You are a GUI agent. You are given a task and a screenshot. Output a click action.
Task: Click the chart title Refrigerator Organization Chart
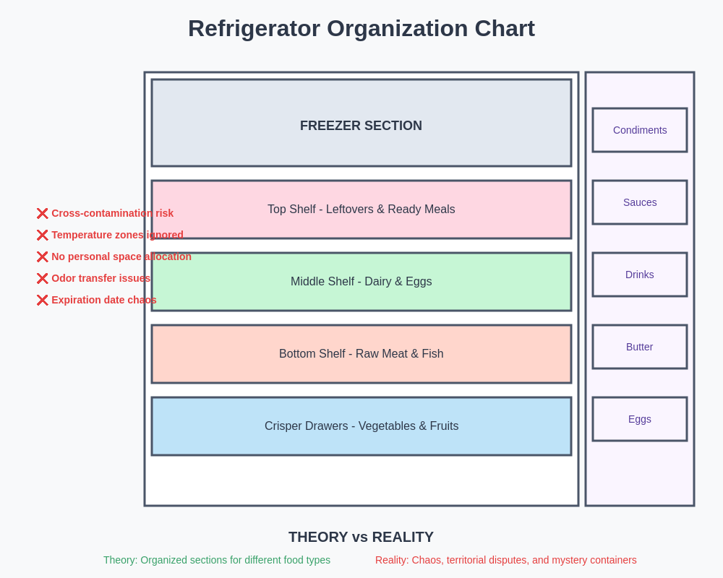[361, 28]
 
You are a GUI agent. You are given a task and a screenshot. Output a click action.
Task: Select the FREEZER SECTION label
[361, 126]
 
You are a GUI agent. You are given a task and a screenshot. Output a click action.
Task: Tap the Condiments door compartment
[640, 130]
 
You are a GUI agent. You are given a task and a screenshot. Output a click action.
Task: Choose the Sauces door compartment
[640, 202]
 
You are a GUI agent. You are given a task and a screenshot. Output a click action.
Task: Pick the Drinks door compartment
[640, 275]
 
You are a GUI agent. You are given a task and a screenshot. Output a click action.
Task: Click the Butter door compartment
[640, 347]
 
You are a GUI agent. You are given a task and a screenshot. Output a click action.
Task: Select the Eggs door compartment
[640, 419]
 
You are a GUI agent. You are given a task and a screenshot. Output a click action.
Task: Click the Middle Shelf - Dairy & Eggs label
[361, 282]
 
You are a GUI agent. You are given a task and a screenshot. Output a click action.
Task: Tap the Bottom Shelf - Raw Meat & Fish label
[361, 354]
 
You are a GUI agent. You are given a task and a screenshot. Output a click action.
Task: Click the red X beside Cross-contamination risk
[43, 213]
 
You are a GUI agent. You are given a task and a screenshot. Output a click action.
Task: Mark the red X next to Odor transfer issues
[43, 278]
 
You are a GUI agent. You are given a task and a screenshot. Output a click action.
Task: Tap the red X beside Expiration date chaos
[43, 300]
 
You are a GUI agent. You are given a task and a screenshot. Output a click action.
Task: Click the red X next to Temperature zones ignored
[43, 235]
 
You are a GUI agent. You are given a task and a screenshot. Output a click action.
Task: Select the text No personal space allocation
[121, 256]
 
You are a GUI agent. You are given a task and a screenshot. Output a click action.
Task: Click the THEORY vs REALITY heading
[361, 537]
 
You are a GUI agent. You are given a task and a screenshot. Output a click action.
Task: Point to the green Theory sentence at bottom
[217, 560]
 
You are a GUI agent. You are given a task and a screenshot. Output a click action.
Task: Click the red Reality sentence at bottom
[505, 560]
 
